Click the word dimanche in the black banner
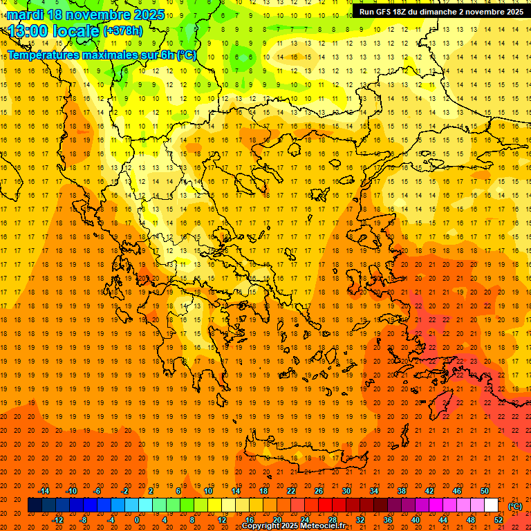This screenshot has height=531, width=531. (453, 12)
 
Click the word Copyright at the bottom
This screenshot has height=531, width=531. (261, 526)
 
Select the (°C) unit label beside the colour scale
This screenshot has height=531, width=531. (515, 506)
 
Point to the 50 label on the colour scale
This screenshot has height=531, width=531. (485, 491)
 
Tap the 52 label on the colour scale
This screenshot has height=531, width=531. (498, 520)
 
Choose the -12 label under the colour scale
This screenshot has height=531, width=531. (57, 520)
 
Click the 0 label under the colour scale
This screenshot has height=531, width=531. (137, 520)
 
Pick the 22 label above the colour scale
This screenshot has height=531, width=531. (291, 491)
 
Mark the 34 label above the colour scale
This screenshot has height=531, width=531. (374, 491)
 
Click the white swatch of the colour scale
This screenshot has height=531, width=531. (491, 505)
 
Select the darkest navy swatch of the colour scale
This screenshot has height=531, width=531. (35, 505)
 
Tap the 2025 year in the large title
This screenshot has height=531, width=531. (149, 15)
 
